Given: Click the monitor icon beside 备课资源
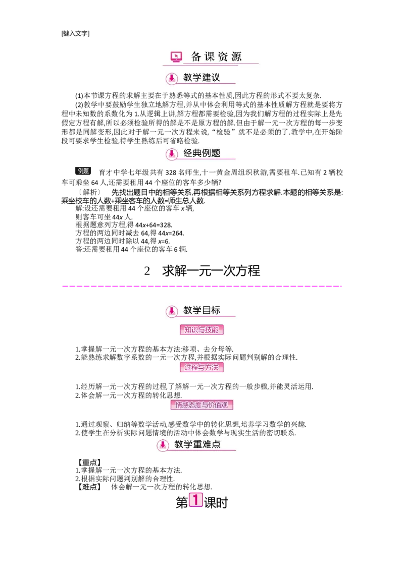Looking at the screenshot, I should point(176,57).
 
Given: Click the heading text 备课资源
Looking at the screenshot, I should point(216,56).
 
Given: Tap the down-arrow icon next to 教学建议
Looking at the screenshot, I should point(172,79).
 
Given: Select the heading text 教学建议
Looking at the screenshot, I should point(201,78).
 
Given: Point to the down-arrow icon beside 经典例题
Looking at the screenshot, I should point(172,154).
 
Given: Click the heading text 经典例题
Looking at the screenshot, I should point(201,153).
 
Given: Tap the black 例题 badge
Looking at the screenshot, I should point(83,172).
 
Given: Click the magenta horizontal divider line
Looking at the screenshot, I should point(202,286).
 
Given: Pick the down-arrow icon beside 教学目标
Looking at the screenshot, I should point(172,311).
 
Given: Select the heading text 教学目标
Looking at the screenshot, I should point(201,310).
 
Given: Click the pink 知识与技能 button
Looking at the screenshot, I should point(201,330).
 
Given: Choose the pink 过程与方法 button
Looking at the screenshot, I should point(201,367).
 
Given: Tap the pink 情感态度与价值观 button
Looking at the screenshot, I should point(201,405).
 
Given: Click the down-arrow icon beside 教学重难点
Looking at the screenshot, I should point(163,445).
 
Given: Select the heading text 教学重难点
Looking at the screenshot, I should point(197,445).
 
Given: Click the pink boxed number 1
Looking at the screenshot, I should point(196,500).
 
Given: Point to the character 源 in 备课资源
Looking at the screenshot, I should point(236,56).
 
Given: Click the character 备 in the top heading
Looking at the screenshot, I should point(196,56).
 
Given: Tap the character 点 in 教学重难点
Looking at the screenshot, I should point(216,445).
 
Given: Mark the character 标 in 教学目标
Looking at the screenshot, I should point(215,310).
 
